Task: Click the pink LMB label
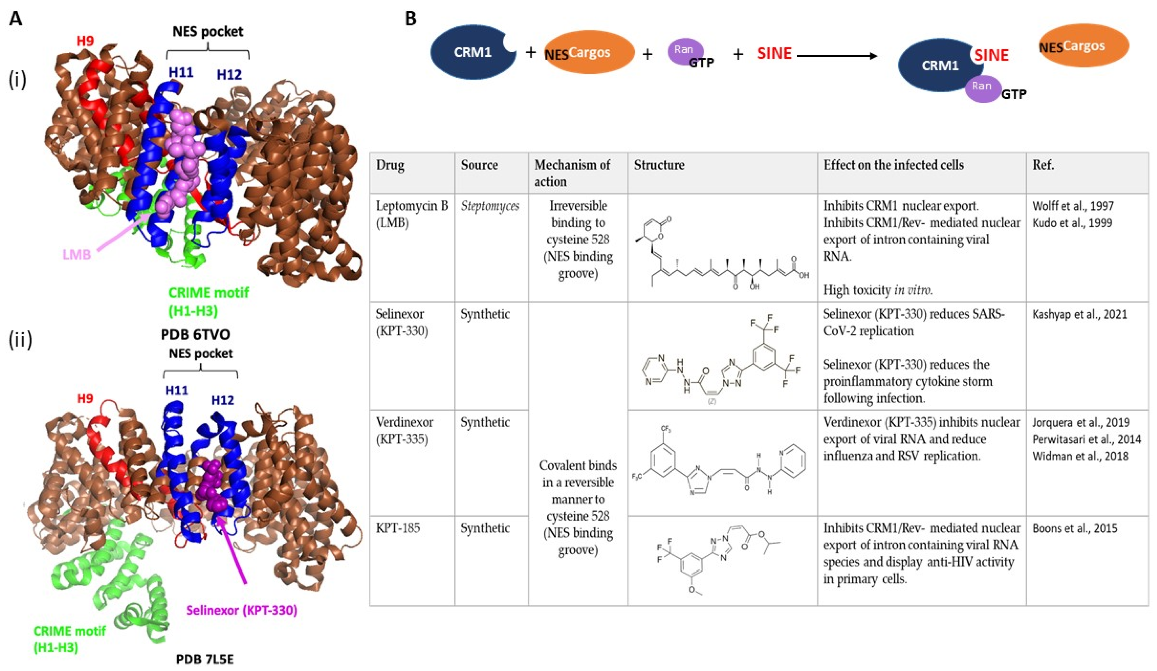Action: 77,254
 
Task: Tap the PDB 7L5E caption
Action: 205,659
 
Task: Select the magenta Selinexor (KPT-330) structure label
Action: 242,610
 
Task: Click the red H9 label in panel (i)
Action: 85,41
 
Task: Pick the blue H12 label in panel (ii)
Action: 223,400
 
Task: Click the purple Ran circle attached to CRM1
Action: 982,87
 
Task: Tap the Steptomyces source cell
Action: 490,206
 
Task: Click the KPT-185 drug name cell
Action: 398,528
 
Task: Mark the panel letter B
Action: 411,18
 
